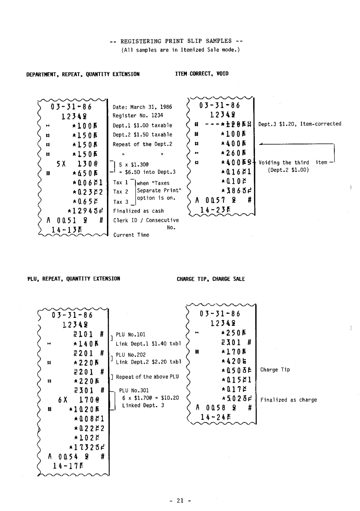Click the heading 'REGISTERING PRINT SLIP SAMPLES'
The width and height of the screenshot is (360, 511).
click(x=176, y=41)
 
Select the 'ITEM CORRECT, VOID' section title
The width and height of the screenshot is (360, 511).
click(x=202, y=74)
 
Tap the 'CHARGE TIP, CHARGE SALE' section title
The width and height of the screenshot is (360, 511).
click(x=211, y=279)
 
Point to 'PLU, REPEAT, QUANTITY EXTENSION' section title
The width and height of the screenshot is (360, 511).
click(x=73, y=278)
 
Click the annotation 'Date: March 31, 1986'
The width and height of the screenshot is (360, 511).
click(x=142, y=107)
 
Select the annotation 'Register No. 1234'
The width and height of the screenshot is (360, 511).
click(x=138, y=116)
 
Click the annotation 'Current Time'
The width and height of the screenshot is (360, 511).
click(x=131, y=235)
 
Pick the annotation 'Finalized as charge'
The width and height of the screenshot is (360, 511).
click(x=289, y=400)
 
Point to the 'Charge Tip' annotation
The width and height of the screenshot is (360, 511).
click(x=275, y=369)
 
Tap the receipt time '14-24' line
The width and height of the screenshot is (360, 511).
click(x=216, y=417)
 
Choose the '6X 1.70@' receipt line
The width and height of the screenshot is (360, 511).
click(x=77, y=400)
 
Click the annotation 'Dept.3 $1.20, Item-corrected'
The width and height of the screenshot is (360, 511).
click(x=300, y=124)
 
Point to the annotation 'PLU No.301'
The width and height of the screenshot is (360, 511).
click(x=134, y=390)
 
